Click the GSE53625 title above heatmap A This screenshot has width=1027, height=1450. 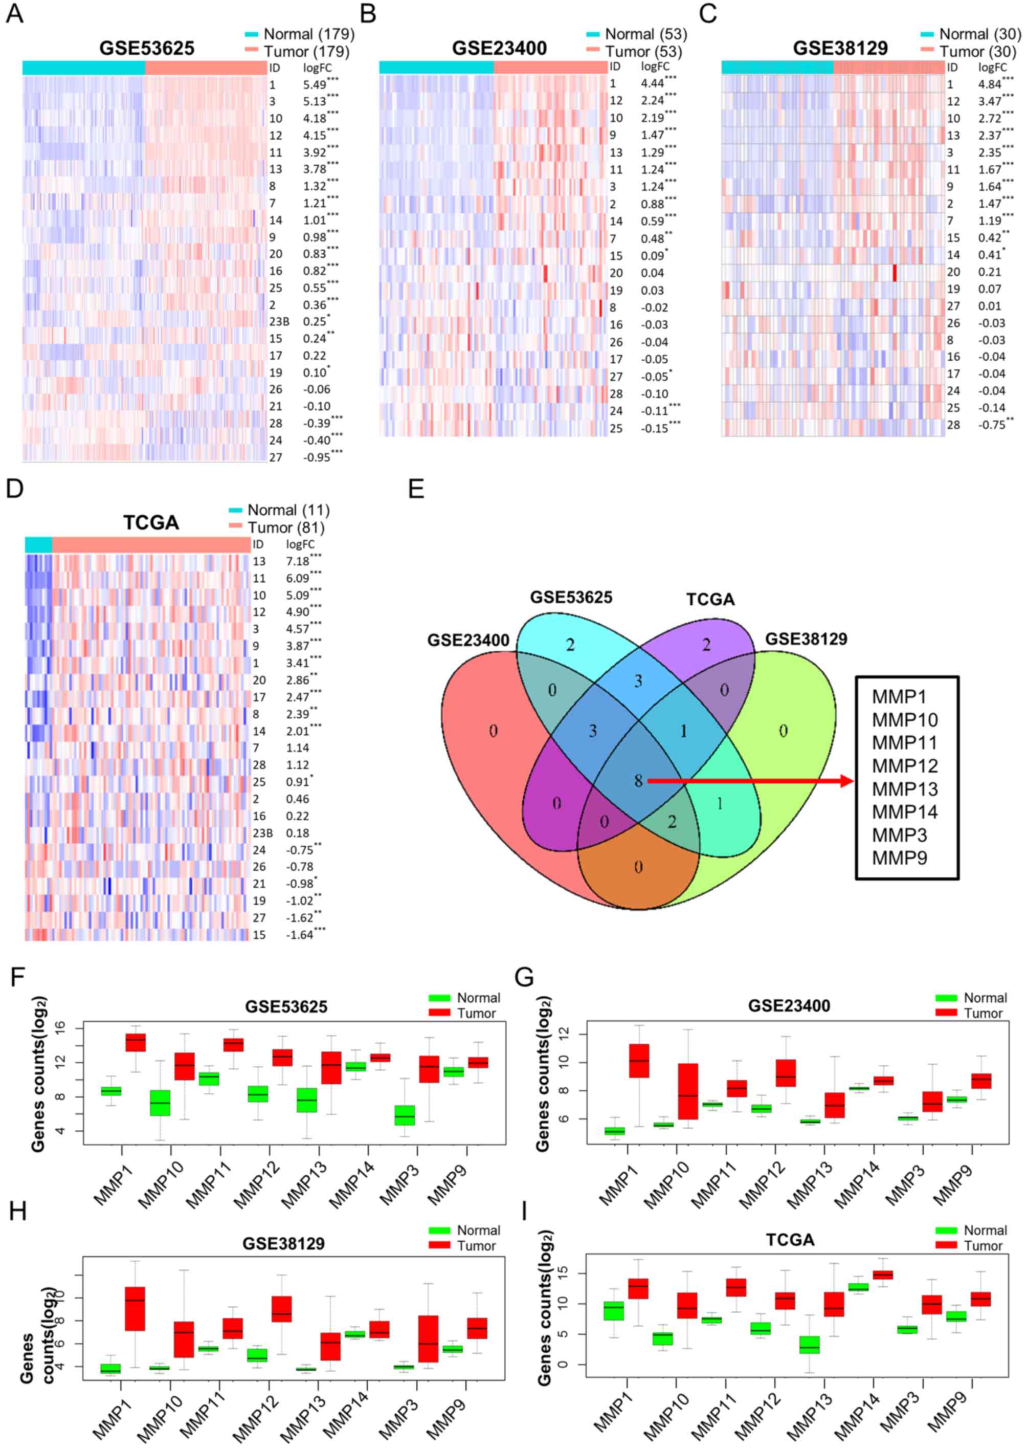tap(147, 49)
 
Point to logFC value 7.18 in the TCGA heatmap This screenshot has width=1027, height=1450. tap(298, 562)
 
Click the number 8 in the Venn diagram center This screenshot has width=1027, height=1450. tap(638, 781)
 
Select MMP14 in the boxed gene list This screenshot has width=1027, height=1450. tap(904, 811)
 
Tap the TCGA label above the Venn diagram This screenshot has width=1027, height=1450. tap(710, 600)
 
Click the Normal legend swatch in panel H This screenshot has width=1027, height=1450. tap(439, 1231)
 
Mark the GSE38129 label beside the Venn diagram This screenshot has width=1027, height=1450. tap(806, 639)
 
